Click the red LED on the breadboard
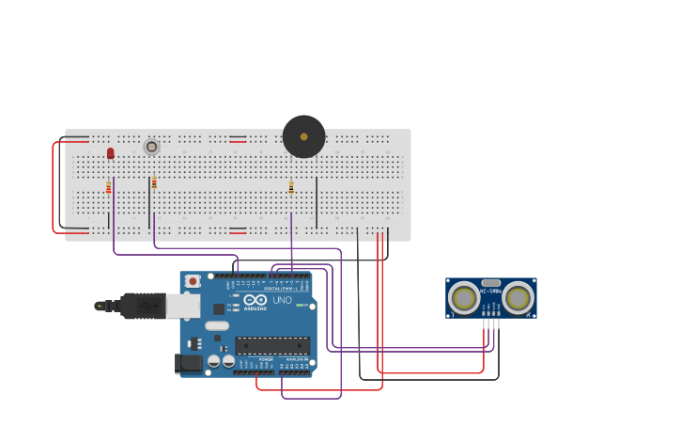click(x=110, y=152)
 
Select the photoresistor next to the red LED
click(x=151, y=147)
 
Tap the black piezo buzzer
click(x=303, y=136)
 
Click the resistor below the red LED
click(x=109, y=187)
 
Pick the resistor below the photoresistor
click(x=154, y=182)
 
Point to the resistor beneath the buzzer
click(x=291, y=188)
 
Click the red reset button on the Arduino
click(x=193, y=280)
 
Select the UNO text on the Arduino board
click(x=282, y=300)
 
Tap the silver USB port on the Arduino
click(x=183, y=306)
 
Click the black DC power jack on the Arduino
click(x=188, y=362)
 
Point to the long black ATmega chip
click(x=272, y=345)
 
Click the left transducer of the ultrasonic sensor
click(x=463, y=298)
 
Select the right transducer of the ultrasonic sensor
click(x=518, y=298)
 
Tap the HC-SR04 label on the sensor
click(x=490, y=291)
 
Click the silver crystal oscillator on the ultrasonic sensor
click(x=490, y=282)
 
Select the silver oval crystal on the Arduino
click(x=217, y=325)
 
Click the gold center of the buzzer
click(x=303, y=136)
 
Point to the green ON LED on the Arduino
click(x=300, y=305)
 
